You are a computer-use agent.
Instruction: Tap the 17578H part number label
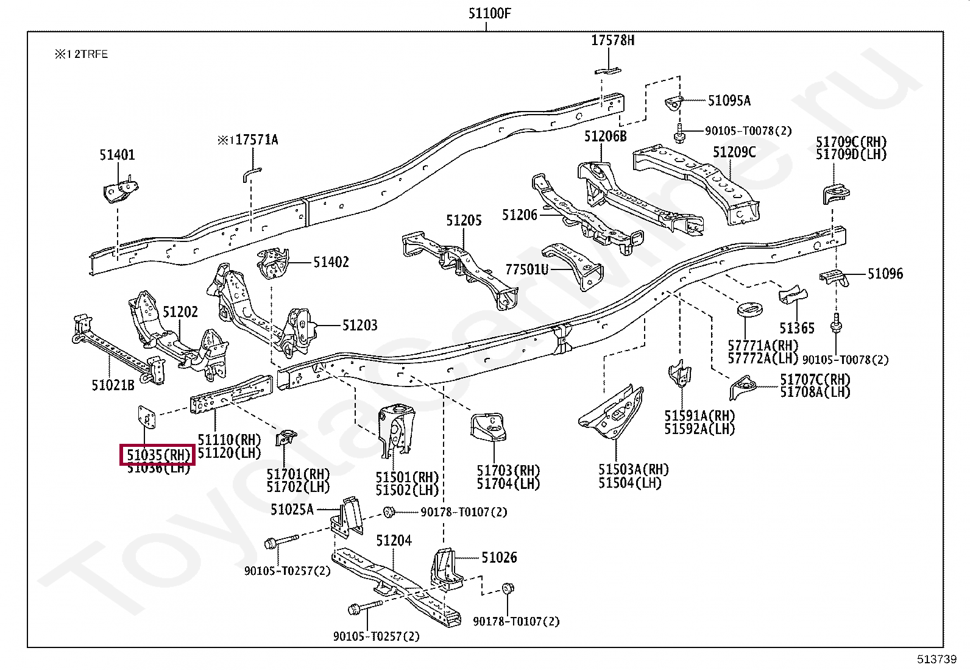612,40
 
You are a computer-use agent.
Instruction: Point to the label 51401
117,155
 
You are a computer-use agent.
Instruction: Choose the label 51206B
605,136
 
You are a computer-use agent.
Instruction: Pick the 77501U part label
526,269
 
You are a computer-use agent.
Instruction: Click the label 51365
796,328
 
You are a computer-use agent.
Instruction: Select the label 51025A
292,509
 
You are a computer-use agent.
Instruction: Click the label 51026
499,557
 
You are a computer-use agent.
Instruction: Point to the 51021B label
113,385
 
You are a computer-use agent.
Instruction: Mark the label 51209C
734,152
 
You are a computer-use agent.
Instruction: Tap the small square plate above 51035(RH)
146,417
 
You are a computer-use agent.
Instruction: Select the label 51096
885,274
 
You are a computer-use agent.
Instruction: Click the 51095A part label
729,101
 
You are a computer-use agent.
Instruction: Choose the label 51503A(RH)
633,469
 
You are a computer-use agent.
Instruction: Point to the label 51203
359,325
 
